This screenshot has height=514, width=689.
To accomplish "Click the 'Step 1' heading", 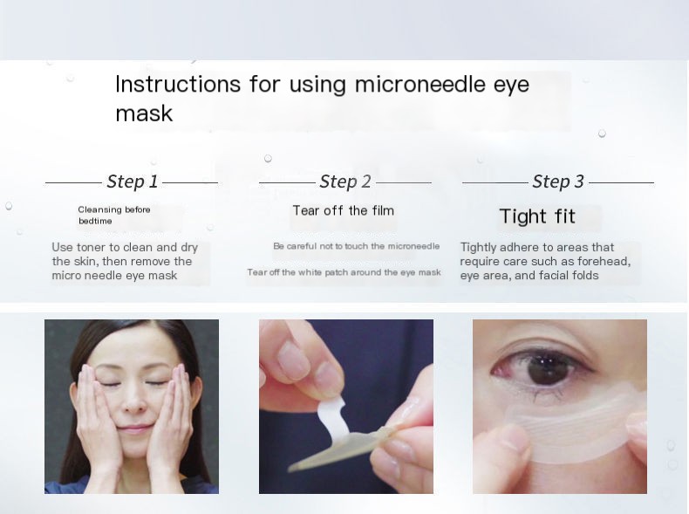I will click(133, 182).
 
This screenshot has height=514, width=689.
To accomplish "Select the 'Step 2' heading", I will click(345, 182).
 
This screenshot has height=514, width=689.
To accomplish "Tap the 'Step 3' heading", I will click(558, 182).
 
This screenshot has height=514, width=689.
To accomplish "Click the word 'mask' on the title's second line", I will click(144, 113).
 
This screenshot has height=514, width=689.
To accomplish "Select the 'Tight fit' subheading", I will click(537, 216).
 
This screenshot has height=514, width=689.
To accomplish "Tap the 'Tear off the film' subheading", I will click(343, 210).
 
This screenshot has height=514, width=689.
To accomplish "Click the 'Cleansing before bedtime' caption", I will click(113, 216).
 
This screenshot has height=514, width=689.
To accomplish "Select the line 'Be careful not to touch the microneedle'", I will click(356, 246).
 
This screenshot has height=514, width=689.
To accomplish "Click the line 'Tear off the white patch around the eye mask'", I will click(344, 272).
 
